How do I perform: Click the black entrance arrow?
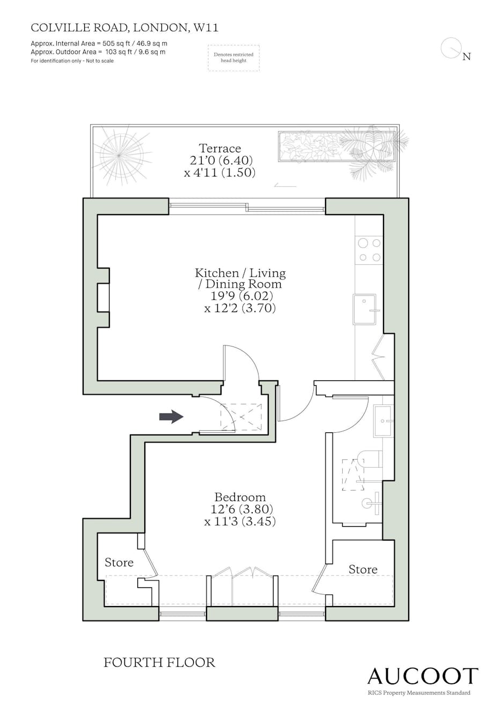pos(171,417)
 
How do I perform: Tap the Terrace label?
pos(220,148)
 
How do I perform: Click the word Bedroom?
pos(240,497)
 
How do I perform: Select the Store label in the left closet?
pos(119,563)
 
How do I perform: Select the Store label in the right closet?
pos(363,570)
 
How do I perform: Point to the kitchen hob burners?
pos(370,250)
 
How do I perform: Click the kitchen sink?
pos(365,309)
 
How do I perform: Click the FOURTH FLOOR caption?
pos(159,662)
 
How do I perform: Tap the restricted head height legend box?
pos(233,58)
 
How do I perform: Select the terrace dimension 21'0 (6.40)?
pos(221,160)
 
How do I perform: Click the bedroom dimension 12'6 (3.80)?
pos(241,509)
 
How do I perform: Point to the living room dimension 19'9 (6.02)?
pos(241,296)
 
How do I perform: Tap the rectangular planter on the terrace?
pos(337,147)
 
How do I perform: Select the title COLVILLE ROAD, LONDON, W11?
pos(124,28)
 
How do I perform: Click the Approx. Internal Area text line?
pos(99,43)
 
